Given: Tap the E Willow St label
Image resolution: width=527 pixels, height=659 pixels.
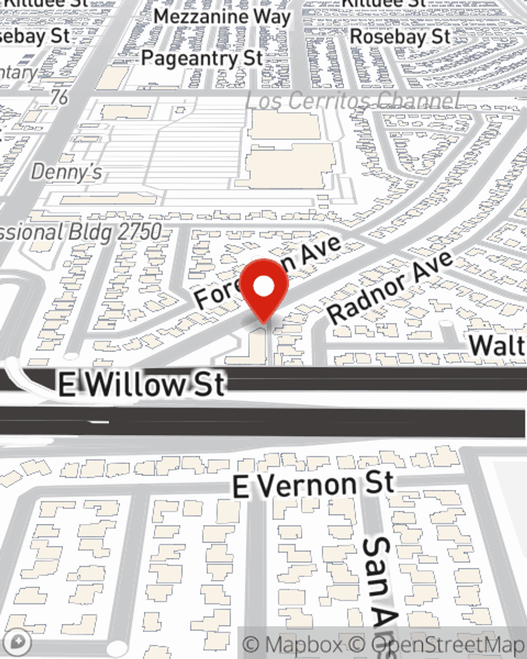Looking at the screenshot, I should coord(142,384).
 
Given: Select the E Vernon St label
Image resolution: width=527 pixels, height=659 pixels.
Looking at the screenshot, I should coord(313,485).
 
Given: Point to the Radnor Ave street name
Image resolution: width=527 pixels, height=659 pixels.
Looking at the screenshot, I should coord(390,287).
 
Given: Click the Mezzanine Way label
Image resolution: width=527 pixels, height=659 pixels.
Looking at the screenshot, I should coord(222,17).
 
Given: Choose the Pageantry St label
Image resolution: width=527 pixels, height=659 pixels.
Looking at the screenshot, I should coord(201,58).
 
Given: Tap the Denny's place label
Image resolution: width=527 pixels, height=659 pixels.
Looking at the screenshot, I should coord(66,172).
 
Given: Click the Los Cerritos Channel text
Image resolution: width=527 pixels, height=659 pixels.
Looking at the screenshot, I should coord(353,101).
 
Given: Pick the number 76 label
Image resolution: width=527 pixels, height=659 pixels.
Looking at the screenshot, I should coord(60,97).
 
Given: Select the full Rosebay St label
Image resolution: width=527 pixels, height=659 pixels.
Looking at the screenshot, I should coord(401,37).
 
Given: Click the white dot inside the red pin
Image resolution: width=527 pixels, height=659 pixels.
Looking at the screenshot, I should coord(264,287).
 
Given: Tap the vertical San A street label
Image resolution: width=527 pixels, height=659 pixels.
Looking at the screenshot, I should coord(379,580).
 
